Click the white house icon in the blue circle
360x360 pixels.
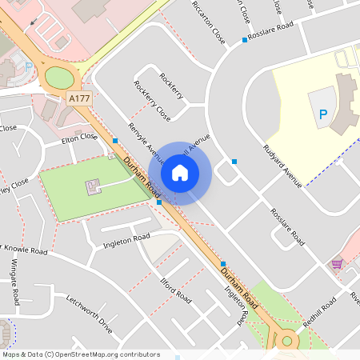pyautogui.click(x=180, y=173)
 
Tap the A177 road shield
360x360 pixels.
pyautogui.click(x=78, y=98)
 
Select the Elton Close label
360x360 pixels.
pyautogui.click(x=79, y=138)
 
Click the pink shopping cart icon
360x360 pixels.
pyautogui.click(x=337, y=262)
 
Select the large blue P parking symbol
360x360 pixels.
pyautogui.click(x=323, y=115)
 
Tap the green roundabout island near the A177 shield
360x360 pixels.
pyautogui.click(x=58, y=78)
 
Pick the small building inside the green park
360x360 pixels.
pyautogui.click(x=94, y=188)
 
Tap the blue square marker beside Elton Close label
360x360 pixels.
pyautogui.click(x=116, y=141)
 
